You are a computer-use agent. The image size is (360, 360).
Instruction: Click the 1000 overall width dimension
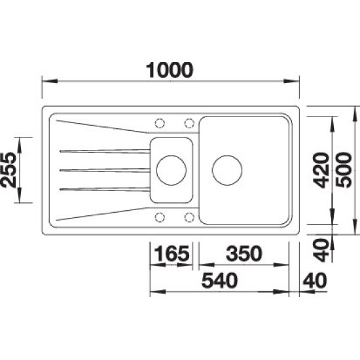coord(170,70)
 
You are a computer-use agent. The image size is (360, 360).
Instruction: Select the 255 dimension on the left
coord(9,170)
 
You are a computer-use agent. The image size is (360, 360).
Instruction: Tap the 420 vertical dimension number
coord(321,170)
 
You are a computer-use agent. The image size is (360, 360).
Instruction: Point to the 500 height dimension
coord(344,170)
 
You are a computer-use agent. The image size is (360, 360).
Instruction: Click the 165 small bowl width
coord(172,253)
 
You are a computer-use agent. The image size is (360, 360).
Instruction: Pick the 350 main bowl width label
coord(244,253)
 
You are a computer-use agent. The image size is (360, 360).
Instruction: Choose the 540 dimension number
coord(219,281)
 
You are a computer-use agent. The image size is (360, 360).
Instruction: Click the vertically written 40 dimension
coord(321,250)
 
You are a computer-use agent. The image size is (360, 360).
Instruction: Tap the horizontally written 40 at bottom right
coord(315,281)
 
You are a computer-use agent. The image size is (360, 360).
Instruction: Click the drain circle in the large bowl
coord(227,170)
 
